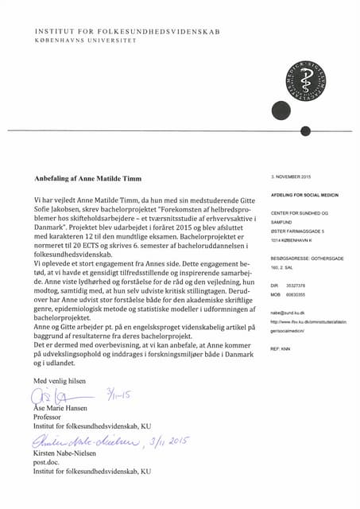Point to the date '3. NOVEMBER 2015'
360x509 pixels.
[292, 175]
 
